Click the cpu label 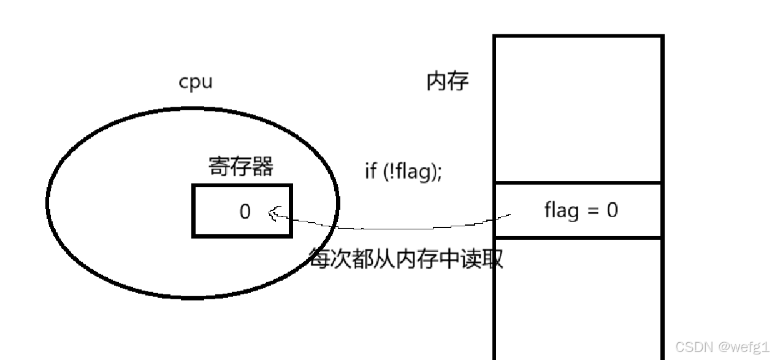pyautogui.click(x=196, y=82)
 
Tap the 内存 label pyautogui.click(x=447, y=81)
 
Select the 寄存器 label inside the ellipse pyautogui.click(x=241, y=166)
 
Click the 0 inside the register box pyautogui.click(x=245, y=212)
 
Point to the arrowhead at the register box pyautogui.click(x=272, y=213)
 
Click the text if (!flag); pyautogui.click(x=403, y=172)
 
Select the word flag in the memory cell pyautogui.click(x=561, y=210)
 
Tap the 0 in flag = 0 pyautogui.click(x=613, y=210)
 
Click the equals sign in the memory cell pyautogui.click(x=592, y=211)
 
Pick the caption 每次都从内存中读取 pyautogui.click(x=406, y=259)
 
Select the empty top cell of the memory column pyautogui.click(x=578, y=109)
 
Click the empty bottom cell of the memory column pyautogui.click(x=578, y=297)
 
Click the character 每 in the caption pyautogui.click(x=319, y=259)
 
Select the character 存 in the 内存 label pyautogui.click(x=457, y=81)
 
